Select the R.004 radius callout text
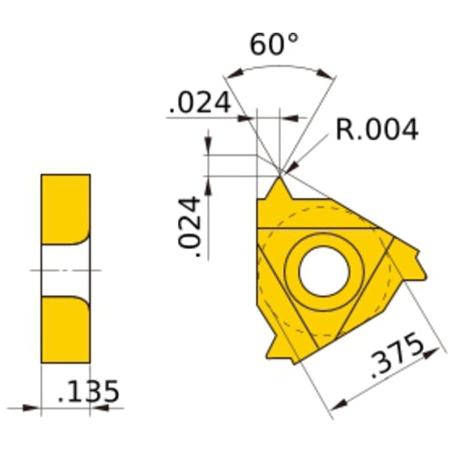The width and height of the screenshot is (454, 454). (377, 130)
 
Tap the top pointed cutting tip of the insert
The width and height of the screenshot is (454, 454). (280, 186)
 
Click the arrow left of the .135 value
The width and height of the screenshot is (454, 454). (35, 404)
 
